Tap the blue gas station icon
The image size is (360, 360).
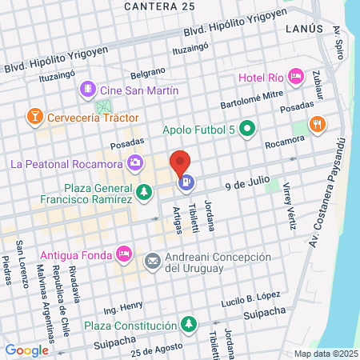point(186,182)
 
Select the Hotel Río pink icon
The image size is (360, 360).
point(295,77)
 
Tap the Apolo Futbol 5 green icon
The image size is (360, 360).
point(248,128)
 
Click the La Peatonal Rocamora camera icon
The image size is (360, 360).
point(134,163)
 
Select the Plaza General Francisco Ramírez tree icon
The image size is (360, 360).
point(143,191)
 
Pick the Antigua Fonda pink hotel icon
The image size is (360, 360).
point(123,254)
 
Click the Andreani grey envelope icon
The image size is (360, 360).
point(152,261)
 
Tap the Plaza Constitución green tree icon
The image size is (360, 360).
point(188,326)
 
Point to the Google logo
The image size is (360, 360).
point(26,350)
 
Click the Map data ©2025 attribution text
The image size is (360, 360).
point(324,354)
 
